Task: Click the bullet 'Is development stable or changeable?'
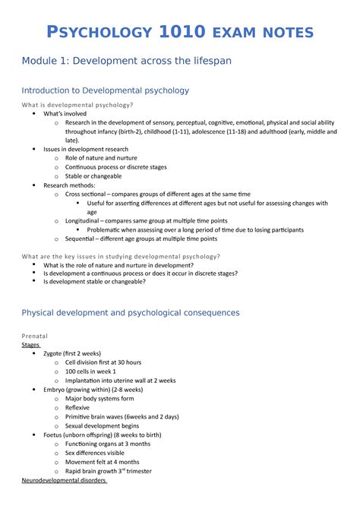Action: click(96, 282)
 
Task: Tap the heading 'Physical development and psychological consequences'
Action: click(131, 311)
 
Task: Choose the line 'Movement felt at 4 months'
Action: click(102, 461)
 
